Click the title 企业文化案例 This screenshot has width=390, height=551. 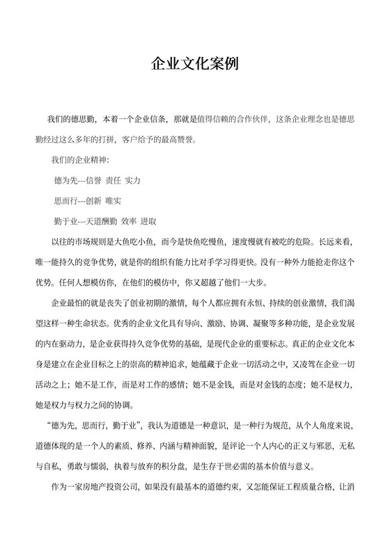pyautogui.click(x=195, y=65)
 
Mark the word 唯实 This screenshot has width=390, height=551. pyautogui.click(x=113, y=200)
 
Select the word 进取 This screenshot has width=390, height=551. pyautogui.click(x=148, y=221)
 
